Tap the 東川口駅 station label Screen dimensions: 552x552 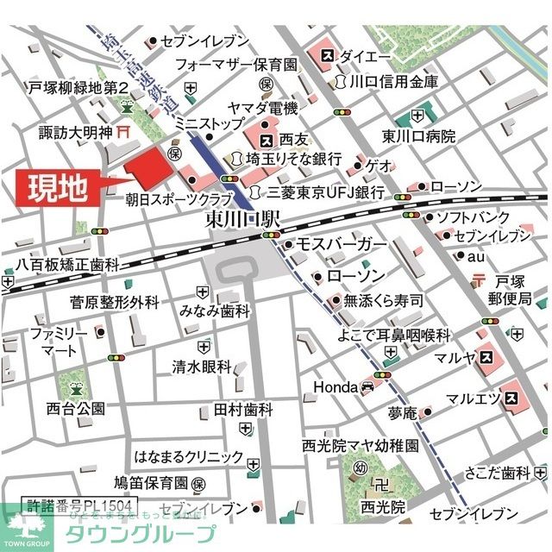click(x=244, y=220)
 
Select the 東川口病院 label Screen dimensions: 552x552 click(x=419, y=135)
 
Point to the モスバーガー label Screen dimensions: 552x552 click(x=342, y=245)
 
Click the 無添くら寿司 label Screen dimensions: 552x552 click(x=383, y=300)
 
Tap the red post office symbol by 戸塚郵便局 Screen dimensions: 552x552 click(x=480, y=280)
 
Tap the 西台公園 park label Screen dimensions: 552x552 click(x=77, y=408)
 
